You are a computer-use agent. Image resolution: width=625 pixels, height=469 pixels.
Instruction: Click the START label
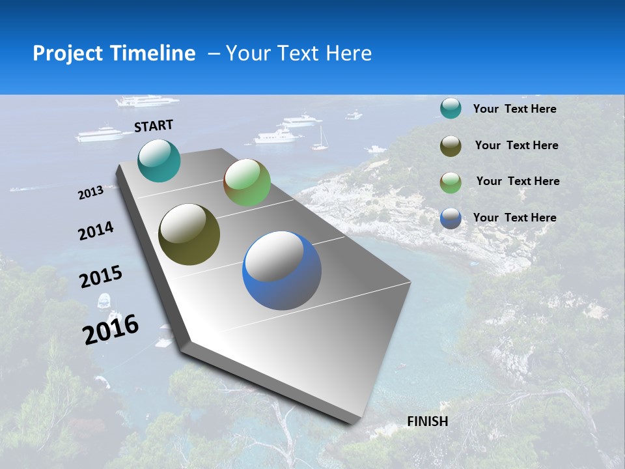(x=154, y=126)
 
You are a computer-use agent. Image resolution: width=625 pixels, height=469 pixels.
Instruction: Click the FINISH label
(x=427, y=421)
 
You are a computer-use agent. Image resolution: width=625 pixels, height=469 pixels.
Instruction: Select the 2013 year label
(x=90, y=192)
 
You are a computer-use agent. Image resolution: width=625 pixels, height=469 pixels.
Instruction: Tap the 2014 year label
(x=96, y=231)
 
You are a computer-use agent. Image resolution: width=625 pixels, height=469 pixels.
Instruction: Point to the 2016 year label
(x=111, y=330)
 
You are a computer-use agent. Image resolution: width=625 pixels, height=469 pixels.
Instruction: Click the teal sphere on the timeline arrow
(x=159, y=160)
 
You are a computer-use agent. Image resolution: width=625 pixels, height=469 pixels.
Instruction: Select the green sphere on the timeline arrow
(x=247, y=182)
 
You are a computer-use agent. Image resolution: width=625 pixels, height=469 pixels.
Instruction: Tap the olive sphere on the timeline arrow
(x=189, y=234)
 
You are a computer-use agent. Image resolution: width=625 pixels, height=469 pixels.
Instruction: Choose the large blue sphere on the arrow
(x=282, y=270)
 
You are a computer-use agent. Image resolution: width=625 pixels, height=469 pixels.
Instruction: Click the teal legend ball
(x=451, y=108)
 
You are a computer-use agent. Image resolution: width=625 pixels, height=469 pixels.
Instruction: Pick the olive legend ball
(x=451, y=146)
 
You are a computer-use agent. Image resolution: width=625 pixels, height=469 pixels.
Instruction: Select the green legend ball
(x=451, y=182)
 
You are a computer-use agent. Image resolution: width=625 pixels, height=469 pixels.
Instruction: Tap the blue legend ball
(x=451, y=218)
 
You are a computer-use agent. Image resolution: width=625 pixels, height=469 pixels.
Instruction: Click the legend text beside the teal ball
(x=514, y=109)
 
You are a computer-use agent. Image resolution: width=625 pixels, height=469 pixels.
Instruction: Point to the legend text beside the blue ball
(x=514, y=218)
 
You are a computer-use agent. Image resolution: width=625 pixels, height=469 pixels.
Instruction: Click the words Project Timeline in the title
(x=114, y=53)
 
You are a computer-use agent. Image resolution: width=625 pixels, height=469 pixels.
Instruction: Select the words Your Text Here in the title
(x=299, y=53)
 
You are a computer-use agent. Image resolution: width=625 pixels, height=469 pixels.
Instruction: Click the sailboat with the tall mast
(x=320, y=140)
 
